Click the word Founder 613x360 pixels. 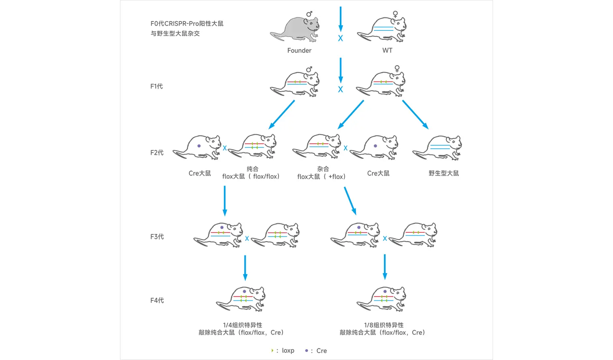[299, 50]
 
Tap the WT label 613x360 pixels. [387, 50]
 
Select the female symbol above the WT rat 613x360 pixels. [395, 15]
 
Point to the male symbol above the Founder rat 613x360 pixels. [310, 14]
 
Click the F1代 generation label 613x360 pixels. [156, 86]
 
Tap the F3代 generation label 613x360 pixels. [157, 236]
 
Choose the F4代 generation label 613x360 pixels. [157, 300]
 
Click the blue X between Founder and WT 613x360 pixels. [341, 38]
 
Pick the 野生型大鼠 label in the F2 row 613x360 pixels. [444, 173]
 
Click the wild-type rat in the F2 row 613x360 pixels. [438, 148]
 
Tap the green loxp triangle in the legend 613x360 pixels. [272, 350]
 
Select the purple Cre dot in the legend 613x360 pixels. [306, 350]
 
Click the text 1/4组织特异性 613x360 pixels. [242, 325]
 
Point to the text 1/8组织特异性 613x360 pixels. [384, 325]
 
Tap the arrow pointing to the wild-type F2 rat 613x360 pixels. [416, 115]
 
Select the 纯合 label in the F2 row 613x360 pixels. [252, 169]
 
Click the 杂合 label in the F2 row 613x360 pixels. [323, 169]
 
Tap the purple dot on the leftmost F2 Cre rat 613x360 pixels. [199, 146]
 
